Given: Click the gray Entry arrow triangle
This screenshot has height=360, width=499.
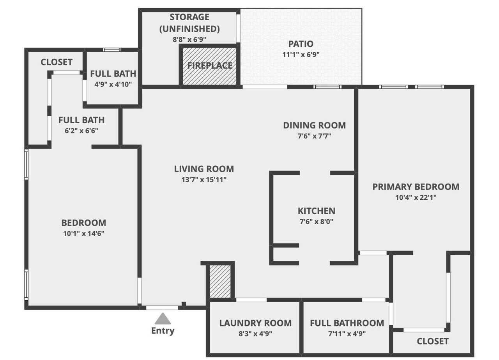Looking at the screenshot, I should click(163, 319).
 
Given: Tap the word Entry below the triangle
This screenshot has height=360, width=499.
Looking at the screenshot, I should click(163, 331).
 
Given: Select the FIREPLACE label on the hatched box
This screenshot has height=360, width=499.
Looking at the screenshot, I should click(210, 66).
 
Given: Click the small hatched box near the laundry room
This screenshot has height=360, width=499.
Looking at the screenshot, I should click(220, 281).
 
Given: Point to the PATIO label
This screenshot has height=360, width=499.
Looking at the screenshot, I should click(301, 44).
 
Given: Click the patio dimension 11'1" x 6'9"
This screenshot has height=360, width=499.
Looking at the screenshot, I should click(301, 55).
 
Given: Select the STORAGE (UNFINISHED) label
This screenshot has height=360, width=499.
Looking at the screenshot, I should click(189, 23).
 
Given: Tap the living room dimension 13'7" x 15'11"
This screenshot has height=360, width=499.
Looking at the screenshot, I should click(203, 179).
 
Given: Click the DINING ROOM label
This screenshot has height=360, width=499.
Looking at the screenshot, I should click(314, 126).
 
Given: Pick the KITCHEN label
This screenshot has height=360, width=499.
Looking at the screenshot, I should click(316, 211).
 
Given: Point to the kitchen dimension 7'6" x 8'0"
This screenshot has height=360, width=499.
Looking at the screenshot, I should click(316, 222).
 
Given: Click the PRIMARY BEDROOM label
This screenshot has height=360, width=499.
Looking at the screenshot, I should click(416, 187).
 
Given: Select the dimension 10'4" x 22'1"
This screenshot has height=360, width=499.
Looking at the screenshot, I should click(416, 197).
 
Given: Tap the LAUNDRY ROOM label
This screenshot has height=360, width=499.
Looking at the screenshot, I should click(255, 323).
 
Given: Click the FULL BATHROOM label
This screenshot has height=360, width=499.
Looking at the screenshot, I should click(347, 323).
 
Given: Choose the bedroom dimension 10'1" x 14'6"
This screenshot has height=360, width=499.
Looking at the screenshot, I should click(83, 234).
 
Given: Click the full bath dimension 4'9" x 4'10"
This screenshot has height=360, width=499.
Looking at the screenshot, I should click(113, 84).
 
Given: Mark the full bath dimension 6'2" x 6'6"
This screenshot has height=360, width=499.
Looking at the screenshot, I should click(81, 131).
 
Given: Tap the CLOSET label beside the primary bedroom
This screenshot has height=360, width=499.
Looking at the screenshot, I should click(433, 341).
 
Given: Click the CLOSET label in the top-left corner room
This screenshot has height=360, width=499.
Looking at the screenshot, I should click(57, 62).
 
